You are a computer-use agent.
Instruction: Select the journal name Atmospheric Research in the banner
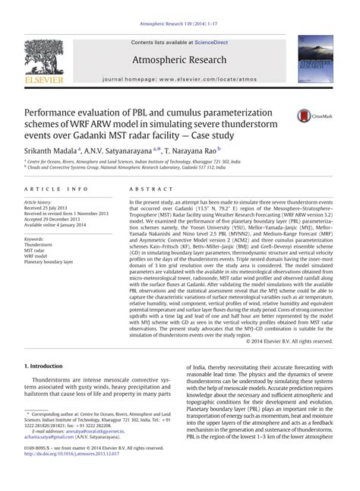pos(180,59)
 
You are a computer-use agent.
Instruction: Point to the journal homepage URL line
pos(180,78)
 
